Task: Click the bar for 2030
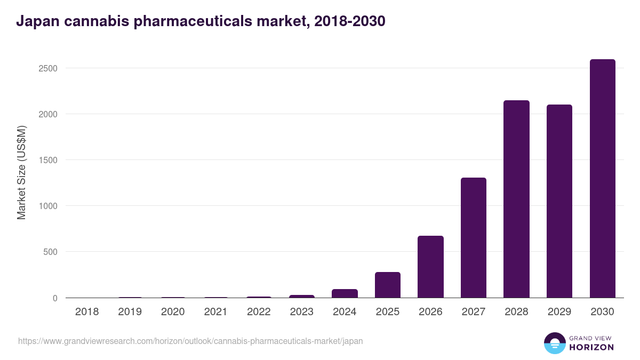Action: pos(602,179)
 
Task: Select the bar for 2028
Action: pos(516,199)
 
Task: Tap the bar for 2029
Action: pos(559,201)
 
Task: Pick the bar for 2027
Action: pos(474,238)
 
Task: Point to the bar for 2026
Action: pos(430,267)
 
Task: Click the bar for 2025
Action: pos(388,285)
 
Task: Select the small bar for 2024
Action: pos(345,293)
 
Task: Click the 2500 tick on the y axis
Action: pos(47,68)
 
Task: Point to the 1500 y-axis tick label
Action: pos(47,160)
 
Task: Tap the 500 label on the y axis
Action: pos(50,252)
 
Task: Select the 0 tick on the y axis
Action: pos(55,298)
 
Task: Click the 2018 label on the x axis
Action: pos(87,312)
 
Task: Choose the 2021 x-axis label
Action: pos(215,312)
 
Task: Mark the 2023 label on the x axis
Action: pos(302,312)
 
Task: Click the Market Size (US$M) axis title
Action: pos(21,172)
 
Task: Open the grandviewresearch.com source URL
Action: pos(190,341)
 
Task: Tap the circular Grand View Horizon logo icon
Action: pos(554,343)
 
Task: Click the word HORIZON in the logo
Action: pos(591,347)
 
